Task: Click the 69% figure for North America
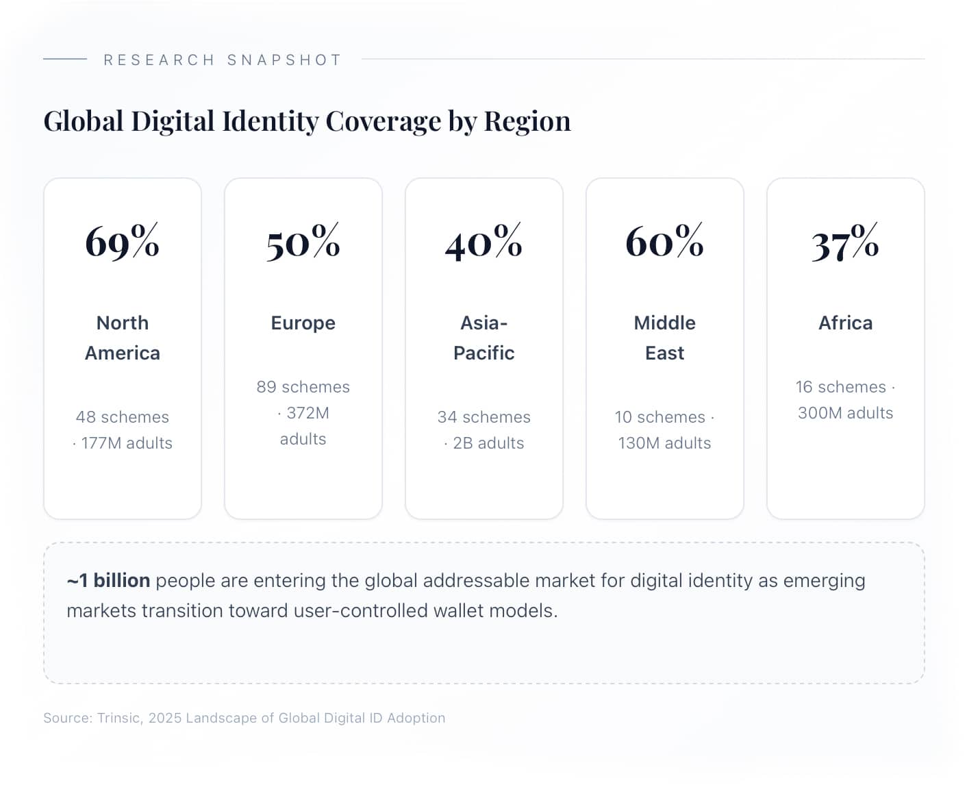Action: click(122, 241)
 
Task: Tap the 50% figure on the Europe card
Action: click(303, 241)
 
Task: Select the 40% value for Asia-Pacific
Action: click(483, 241)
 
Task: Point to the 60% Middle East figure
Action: click(664, 241)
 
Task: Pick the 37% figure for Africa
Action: click(845, 241)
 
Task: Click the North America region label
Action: click(123, 338)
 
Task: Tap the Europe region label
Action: click(303, 323)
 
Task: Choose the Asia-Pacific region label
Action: click(483, 338)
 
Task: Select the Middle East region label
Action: click(664, 338)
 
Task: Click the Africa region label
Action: click(845, 323)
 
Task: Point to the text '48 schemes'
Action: click(122, 417)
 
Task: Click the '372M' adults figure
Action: click(307, 413)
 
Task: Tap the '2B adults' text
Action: click(488, 443)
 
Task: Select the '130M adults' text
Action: click(664, 443)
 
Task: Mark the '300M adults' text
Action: click(845, 413)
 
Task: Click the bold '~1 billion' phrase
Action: click(108, 581)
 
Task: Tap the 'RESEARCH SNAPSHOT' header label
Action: click(223, 60)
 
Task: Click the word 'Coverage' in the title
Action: click(383, 121)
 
